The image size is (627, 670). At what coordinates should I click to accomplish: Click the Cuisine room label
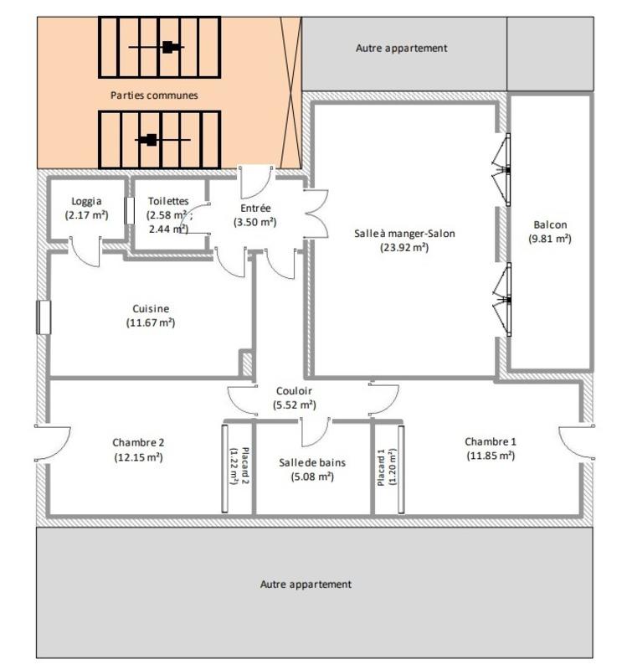(151, 308)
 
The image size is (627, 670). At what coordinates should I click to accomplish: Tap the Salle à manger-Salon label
(404, 234)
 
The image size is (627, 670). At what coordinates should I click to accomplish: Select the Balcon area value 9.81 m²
(549, 239)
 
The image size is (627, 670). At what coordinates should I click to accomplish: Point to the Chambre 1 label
(491, 441)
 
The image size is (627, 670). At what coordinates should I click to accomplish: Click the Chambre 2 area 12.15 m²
(138, 457)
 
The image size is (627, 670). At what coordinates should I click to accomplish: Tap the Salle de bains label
(311, 462)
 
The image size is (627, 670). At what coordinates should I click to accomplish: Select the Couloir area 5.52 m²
(294, 405)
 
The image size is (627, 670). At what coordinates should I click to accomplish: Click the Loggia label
(87, 201)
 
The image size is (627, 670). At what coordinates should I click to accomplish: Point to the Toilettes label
(167, 201)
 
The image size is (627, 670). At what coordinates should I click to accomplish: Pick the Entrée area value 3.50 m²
(254, 222)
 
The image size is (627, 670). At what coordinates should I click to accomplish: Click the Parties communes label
(154, 95)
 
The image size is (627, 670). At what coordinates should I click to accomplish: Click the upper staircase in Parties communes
(160, 47)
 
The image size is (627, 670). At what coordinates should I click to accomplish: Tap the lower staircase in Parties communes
(160, 140)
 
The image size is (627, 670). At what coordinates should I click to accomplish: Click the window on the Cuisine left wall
(44, 317)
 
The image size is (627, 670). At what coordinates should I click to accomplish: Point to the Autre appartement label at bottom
(306, 585)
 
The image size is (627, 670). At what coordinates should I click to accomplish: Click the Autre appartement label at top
(402, 49)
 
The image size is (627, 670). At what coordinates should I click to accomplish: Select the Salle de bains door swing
(315, 431)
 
